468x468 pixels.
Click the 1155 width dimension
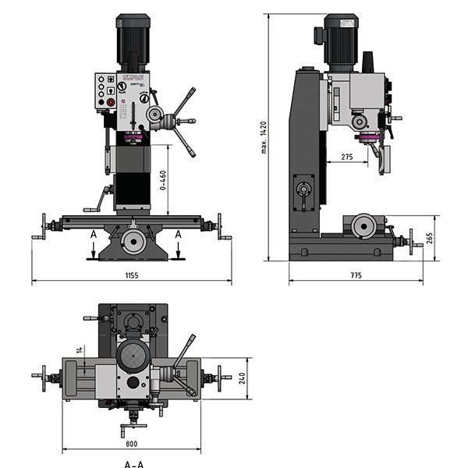point(131,275)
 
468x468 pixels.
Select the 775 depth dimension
point(356,275)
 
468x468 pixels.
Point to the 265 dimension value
point(430,237)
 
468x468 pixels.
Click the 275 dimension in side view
point(347,158)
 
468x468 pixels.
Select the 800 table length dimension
point(131,444)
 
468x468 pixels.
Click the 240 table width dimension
point(243,378)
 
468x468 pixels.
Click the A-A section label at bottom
point(133,463)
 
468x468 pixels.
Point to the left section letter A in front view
point(93,234)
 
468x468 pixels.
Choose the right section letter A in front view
point(178,234)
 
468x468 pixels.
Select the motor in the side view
point(341,43)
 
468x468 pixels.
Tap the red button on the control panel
point(111,102)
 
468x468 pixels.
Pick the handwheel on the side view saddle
point(363,226)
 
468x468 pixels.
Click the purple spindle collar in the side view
point(367,139)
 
